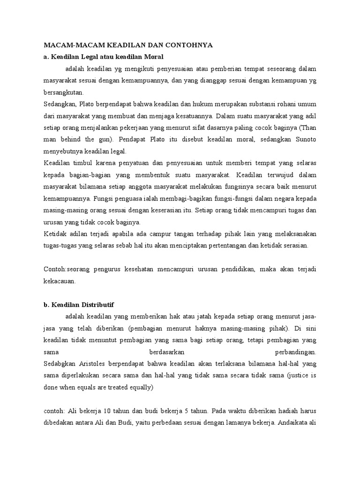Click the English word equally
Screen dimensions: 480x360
(139, 388)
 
